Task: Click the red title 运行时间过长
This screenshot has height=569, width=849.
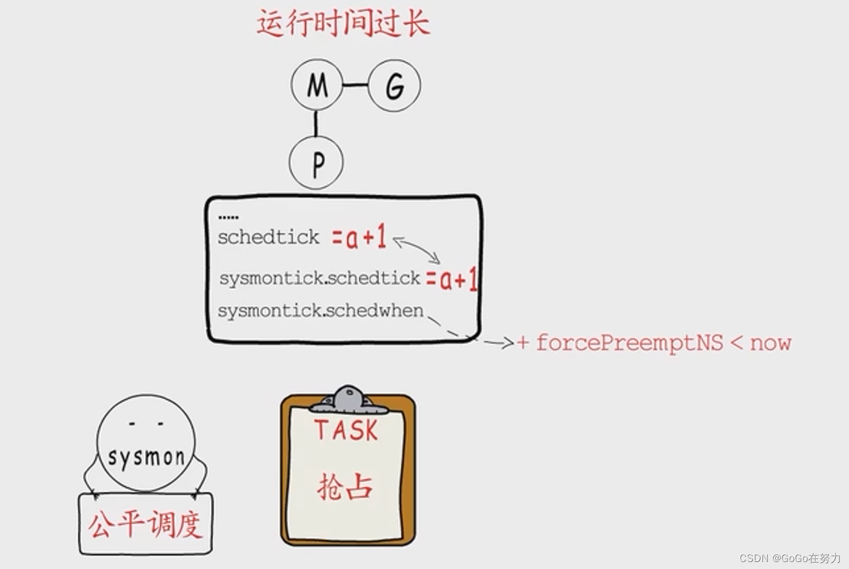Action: tap(343, 24)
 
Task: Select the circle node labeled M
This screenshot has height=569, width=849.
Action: tap(317, 85)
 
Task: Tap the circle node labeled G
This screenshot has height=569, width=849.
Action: tap(395, 85)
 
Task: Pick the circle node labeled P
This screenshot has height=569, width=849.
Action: tap(317, 163)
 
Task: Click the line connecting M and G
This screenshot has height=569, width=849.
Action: tap(355, 85)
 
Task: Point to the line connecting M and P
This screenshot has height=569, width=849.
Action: tap(316, 123)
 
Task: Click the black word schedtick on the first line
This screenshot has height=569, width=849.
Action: tap(269, 237)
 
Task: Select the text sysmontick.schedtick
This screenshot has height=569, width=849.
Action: tap(319, 278)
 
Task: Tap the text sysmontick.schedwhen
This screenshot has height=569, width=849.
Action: tap(320, 311)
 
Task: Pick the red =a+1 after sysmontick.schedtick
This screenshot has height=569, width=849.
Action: tap(451, 280)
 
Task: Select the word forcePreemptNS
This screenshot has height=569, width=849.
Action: tap(630, 343)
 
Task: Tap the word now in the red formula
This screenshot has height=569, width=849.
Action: tap(771, 343)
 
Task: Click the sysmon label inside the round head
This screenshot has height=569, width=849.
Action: tap(146, 457)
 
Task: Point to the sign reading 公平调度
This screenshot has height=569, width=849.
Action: tap(146, 524)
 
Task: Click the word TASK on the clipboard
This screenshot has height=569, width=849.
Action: tap(346, 431)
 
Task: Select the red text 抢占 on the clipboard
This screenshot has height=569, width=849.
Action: tap(345, 487)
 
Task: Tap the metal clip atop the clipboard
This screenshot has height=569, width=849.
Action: tap(349, 399)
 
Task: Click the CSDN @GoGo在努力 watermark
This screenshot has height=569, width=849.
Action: tap(789, 558)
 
